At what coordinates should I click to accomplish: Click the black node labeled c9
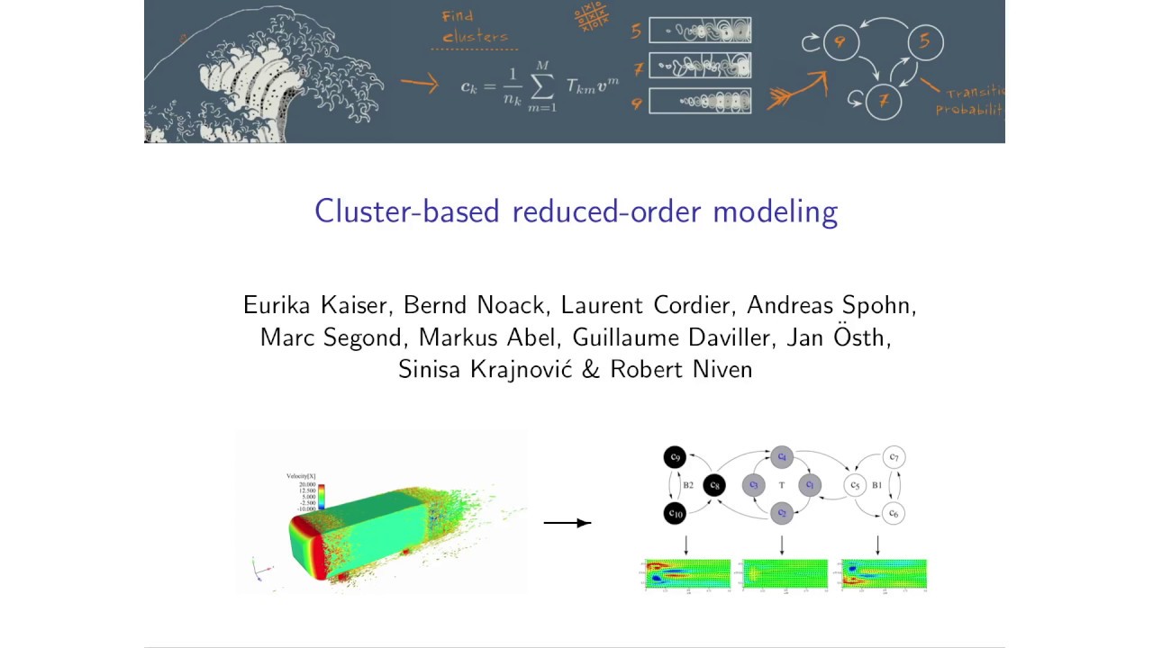point(675,457)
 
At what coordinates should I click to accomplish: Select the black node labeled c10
point(675,514)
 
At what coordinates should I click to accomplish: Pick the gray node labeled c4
point(781,457)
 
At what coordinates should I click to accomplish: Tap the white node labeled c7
point(893,457)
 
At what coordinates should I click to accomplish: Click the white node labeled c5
point(854,486)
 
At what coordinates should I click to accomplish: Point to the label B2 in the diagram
point(688,486)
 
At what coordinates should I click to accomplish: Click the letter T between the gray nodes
point(781,486)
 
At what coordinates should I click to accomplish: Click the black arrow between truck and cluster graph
point(567,523)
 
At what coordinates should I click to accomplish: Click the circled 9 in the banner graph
point(840,41)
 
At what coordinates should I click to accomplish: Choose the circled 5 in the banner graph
point(924,41)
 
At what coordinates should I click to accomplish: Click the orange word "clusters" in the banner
point(475,38)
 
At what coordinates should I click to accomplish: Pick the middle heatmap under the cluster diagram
point(785,574)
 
